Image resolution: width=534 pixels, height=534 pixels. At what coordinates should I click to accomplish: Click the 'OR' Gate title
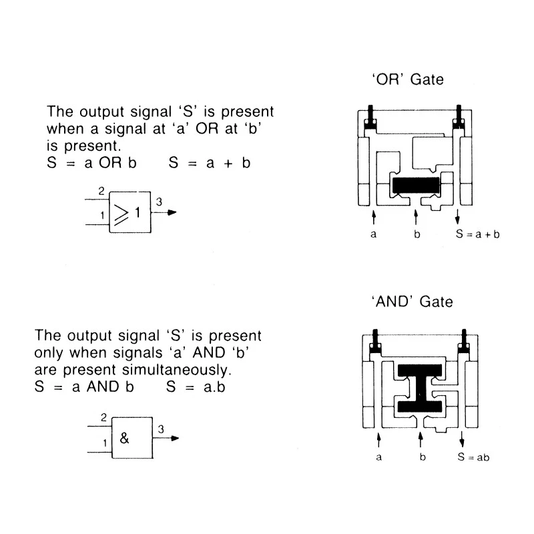click(x=408, y=79)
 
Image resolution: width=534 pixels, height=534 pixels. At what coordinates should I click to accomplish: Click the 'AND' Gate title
click(x=412, y=302)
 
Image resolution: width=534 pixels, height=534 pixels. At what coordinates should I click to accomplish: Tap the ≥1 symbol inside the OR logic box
click(x=127, y=214)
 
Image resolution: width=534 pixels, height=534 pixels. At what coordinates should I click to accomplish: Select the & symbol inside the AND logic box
click(x=124, y=438)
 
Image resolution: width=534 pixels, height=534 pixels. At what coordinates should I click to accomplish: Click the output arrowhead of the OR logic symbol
click(x=172, y=212)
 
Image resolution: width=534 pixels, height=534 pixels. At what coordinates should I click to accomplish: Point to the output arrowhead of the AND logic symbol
click(x=175, y=439)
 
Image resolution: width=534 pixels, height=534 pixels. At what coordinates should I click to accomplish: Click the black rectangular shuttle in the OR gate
click(x=416, y=186)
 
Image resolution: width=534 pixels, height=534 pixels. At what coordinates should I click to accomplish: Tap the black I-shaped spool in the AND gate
click(x=420, y=388)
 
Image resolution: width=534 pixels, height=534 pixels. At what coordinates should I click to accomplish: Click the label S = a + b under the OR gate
click(x=477, y=234)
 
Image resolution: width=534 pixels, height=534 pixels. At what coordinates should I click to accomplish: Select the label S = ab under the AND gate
click(x=473, y=457)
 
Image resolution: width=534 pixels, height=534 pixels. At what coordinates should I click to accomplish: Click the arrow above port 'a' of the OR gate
click(x=374, y=218)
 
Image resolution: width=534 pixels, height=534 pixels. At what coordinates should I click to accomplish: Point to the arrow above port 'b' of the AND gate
click(x=421, y=439)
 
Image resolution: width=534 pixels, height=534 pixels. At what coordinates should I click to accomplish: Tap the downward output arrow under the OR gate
click(x=457, y=217)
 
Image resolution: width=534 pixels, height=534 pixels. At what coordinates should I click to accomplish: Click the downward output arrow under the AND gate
click(x=462, y=439)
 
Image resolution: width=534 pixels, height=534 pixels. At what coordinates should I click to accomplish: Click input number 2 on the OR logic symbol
click(x=101, y=191)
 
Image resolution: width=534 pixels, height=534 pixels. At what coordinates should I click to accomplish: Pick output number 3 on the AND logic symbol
click(x=161, y=429)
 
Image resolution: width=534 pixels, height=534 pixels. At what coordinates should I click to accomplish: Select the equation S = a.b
click(x=196, y=387)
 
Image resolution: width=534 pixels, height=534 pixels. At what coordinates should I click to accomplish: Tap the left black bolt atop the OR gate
click(x=370, y=117)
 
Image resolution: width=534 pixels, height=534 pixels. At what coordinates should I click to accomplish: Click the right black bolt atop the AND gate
click(x=463, y=341)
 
